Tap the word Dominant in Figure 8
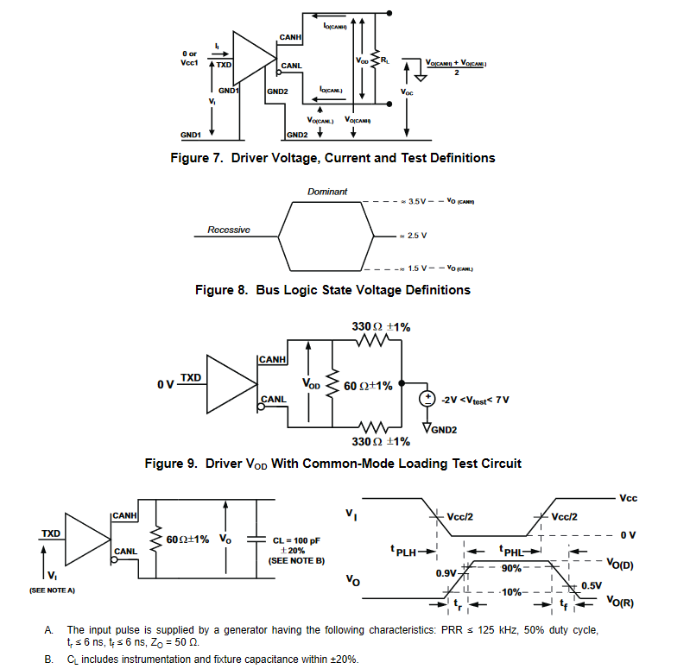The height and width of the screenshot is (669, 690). coord(327,191)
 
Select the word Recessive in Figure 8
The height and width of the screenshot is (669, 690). coord(229,230)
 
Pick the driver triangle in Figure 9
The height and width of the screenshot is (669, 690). coord(230,383)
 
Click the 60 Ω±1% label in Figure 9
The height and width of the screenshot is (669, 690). coord(368,386)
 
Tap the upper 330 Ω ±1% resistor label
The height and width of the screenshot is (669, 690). coord(381,327)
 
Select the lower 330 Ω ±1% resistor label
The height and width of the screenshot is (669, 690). coord(381,441)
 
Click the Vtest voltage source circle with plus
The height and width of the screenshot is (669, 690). coord(427,400)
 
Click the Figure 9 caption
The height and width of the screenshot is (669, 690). coord(332,464)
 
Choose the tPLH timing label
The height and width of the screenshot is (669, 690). coord(402,550)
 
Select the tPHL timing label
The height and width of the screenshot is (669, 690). coord(513,550)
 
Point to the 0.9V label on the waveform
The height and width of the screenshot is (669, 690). coord(446,573)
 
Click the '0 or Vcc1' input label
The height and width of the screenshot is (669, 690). coord(189,59)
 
